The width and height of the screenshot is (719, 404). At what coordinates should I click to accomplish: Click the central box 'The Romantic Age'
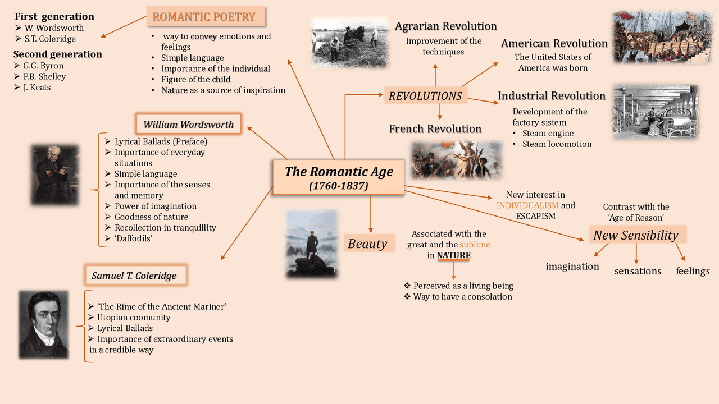(x=338, y=177)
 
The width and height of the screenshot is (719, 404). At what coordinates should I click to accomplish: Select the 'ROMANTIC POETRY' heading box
(x=206, y=16)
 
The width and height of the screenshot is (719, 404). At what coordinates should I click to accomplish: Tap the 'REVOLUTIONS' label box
(x=425, y=95)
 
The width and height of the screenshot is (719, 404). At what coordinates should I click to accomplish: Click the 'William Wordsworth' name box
(x=188, y=124)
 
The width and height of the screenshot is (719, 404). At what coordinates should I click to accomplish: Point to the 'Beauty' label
(x=367, y=244)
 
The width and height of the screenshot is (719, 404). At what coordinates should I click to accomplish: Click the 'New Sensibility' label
(x=637, y=235)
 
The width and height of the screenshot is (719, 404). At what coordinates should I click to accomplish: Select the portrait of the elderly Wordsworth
(x=55, y=175)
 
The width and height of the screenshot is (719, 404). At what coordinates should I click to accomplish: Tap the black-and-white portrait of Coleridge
(x=44, y=324)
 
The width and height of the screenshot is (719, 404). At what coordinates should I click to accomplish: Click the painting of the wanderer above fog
(x=312, y=244)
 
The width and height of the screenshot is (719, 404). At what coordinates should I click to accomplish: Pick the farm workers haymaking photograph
(x=350, y=43)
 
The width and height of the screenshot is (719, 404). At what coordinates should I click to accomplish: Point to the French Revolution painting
(x=457, y=160)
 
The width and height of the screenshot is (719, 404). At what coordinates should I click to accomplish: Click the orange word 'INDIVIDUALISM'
(x=527, y=205)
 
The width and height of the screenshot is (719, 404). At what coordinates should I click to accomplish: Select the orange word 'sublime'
(x=475, y=244)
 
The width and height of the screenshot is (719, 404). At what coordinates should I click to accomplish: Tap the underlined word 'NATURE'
(x=453, y=255)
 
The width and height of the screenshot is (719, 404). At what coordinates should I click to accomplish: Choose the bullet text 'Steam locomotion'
(x=557, y=144)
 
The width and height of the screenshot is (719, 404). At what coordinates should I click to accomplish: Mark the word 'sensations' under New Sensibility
(x=638, y=271)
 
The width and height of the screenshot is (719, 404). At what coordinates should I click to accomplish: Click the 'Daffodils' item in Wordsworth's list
(x=133, y=238)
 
